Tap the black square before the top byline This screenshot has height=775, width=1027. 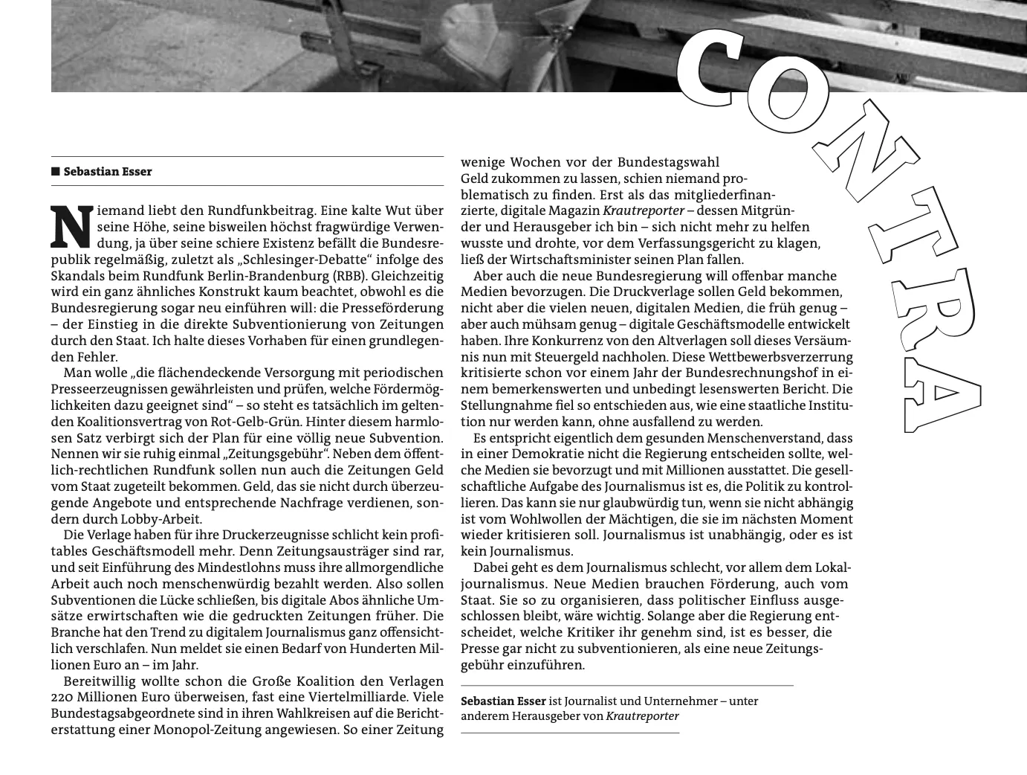[56, 172]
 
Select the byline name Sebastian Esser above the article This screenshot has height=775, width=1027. [108, 172]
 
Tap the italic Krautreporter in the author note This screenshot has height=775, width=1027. [642, 716]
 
